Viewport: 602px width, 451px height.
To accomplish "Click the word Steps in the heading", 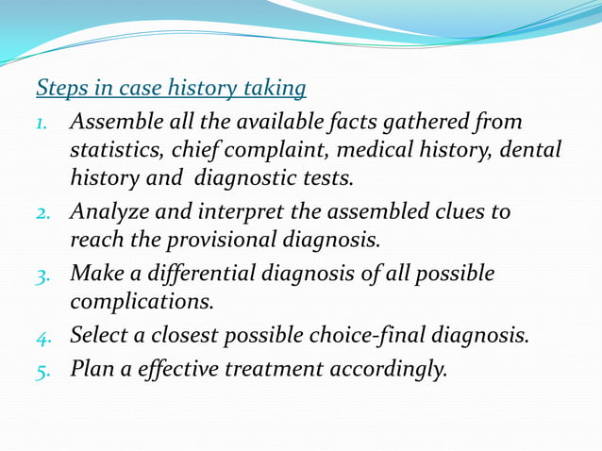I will [59, 89].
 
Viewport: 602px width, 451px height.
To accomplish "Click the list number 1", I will [43, 125].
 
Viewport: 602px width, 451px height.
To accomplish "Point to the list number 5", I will [43, 370].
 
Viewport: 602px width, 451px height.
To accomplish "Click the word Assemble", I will [115, 123].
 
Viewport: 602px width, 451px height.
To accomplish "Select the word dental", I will [530, 149].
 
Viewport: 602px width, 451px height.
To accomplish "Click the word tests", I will [326, 176].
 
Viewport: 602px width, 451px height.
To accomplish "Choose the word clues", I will [456, 211].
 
